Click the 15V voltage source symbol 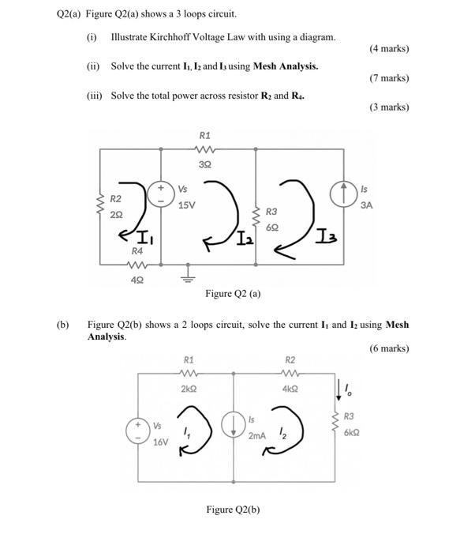pyautogui.click(x=162, y=194)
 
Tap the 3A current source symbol pyautogui.click(x=344, y=194)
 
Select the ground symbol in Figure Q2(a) pyautogui.click(x=188, y=273)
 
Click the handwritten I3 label pyautogui.click(x=324, y=233)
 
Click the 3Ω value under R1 pyautogui.click(x=204, y=164)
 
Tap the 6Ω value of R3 pyautogui.click(x=272, y=226)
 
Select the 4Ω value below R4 pyautogui.click(x=137, y=279)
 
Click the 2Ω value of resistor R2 pyautogui.click(x=116, y=214)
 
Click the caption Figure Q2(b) pyautogui.click(x=233, y=510)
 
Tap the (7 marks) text pyautogui.click(x=389, y=78)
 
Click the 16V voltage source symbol pyautogui.click(x=138, y=431)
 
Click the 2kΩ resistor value pyautogui.click(x=189, y=389)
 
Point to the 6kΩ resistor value pyautogui.click(x=352, y=431)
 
